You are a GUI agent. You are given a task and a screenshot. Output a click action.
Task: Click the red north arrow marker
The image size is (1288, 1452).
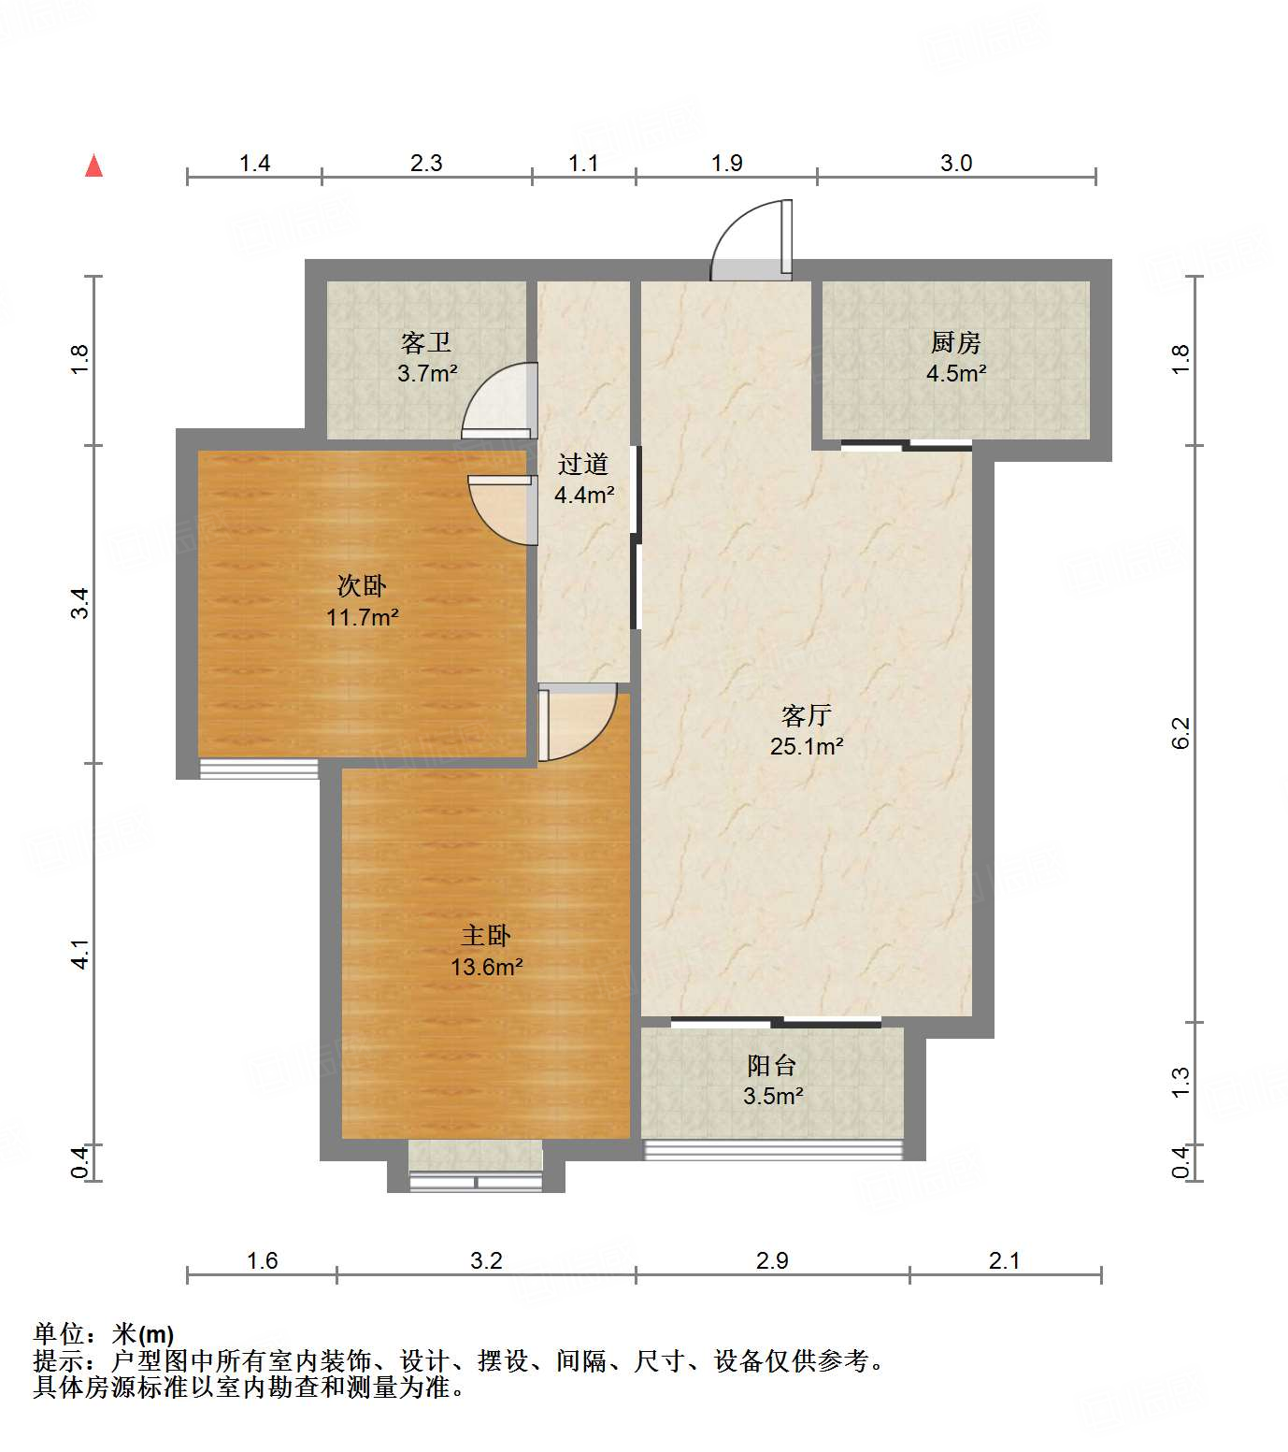click(x=93, y=165)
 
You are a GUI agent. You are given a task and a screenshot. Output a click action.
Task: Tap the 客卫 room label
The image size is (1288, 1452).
click(x=426, y=342)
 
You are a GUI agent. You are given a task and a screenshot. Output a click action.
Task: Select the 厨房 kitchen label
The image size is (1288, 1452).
click(x=955, y=342)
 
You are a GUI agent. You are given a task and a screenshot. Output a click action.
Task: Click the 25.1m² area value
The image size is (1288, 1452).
click(x=807, y=746)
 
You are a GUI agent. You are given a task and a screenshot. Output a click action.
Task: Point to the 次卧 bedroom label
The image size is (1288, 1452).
click(x=362, y=586)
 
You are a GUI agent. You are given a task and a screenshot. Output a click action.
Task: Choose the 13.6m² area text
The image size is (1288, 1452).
click(x=486, y=967)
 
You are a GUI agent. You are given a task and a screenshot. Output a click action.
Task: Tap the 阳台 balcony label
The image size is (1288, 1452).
click(x=772, y=1065)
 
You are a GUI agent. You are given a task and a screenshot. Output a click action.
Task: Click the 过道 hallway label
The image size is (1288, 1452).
click(x=583, y=464)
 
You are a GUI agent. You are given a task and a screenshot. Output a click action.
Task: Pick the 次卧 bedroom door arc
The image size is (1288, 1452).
click(x=503, y=510)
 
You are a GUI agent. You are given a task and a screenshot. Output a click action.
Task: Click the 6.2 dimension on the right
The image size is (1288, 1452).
click(x=1180, y=733)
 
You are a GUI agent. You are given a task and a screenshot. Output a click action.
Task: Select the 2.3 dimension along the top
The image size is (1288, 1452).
click(x=426, y=163)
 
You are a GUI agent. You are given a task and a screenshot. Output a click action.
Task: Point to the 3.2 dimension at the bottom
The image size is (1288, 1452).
click(x=486, y=1260)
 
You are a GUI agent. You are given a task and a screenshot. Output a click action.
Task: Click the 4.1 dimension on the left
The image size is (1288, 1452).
click(x=81, y=954)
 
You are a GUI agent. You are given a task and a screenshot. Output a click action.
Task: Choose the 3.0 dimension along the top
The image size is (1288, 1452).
click(x=956, y=163)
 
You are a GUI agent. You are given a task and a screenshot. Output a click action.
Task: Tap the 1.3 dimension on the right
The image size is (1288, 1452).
click(x=1180, y=1082)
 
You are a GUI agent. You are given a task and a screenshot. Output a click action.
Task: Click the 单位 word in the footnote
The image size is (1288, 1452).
click(x=59, y=1334)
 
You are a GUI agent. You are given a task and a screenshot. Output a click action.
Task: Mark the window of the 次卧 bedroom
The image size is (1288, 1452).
click(x=259, y=769)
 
